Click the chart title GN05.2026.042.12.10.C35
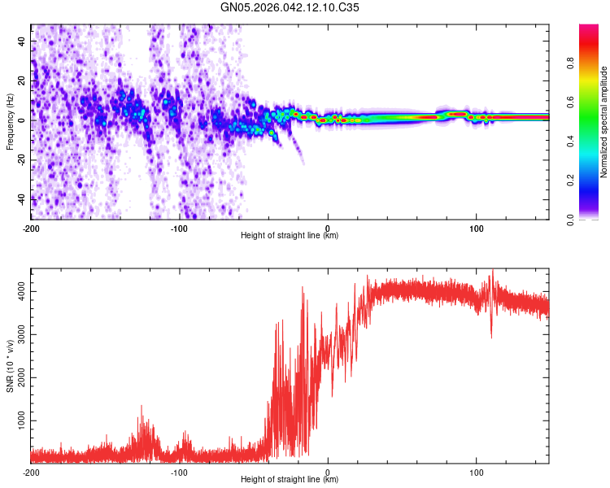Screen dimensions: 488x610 pos(290,9)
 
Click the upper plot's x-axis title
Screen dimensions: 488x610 pos(290,236)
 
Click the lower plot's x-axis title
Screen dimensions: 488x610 pos(290,480)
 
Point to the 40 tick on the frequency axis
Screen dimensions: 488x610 pos(22,40)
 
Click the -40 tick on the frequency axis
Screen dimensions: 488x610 pos(20,199)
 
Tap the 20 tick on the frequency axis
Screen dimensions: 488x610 pos(22,80)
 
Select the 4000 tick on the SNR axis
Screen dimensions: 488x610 pos(16,290)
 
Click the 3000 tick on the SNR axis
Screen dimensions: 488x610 pos(16,334)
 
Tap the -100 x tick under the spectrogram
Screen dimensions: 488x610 pos(179,228)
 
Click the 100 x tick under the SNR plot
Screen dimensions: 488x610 pos(477,472)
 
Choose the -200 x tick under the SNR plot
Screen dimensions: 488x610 pos(31,472)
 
